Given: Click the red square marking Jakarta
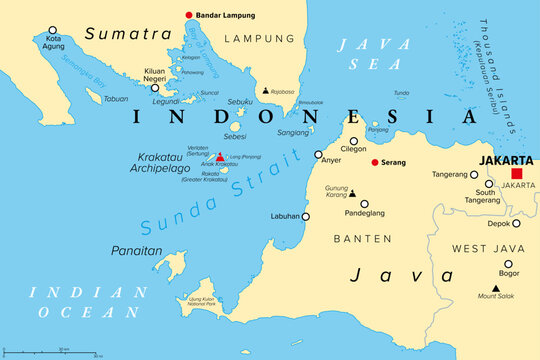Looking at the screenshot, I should point(516,173).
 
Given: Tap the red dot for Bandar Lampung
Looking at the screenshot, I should point(188,15).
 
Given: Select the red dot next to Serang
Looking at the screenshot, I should point(374,162).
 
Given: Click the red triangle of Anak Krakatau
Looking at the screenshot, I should point(220,157).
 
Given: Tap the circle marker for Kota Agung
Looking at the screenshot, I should point(53,31).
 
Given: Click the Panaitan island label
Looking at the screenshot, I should point(137,251).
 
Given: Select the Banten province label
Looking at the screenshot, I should point(364,238).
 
